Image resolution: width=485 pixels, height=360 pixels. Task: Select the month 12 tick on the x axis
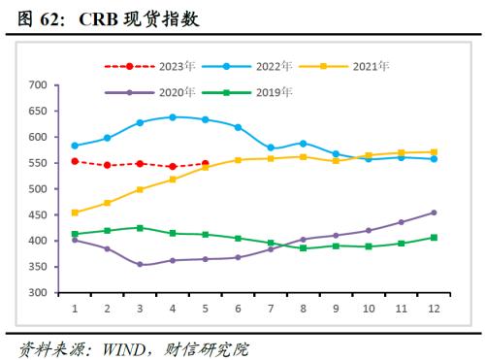coord(434,308)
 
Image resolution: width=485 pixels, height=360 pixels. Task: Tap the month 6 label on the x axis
coord(239,308)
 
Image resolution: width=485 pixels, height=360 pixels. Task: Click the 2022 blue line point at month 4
coord(173,117)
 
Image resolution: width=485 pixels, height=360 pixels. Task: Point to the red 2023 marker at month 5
coord(205,163)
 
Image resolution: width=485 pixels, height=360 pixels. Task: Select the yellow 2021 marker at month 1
coord(75,213)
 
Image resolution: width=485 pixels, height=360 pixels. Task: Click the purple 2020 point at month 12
coord(434,213)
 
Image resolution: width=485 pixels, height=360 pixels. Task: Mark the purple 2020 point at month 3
coord(140,264)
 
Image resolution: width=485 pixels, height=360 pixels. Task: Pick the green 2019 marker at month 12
coord(434,237)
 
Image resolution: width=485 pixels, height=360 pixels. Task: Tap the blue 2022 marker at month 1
coord(75,146)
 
